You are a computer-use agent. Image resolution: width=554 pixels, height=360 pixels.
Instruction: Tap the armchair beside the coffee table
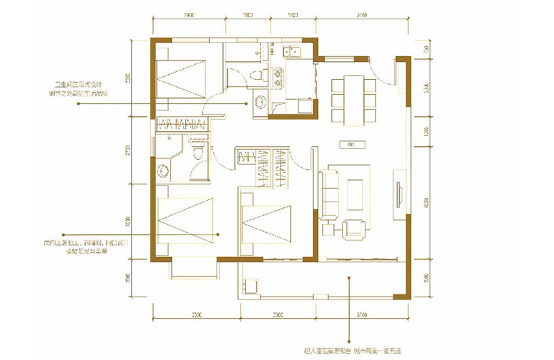click(x=354, y=228)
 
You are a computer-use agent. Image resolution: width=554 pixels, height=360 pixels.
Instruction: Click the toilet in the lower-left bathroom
click(x=199, y=153)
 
